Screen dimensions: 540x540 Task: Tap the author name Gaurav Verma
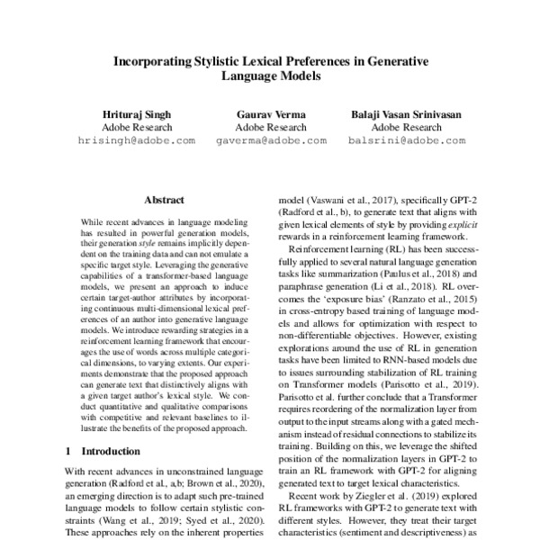(270, 113)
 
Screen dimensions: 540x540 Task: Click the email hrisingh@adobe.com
(137, 141)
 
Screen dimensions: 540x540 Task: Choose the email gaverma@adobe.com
(270, 141)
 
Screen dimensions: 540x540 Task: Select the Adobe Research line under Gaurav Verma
(270, 127)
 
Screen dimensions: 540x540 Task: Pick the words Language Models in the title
(270, 77)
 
